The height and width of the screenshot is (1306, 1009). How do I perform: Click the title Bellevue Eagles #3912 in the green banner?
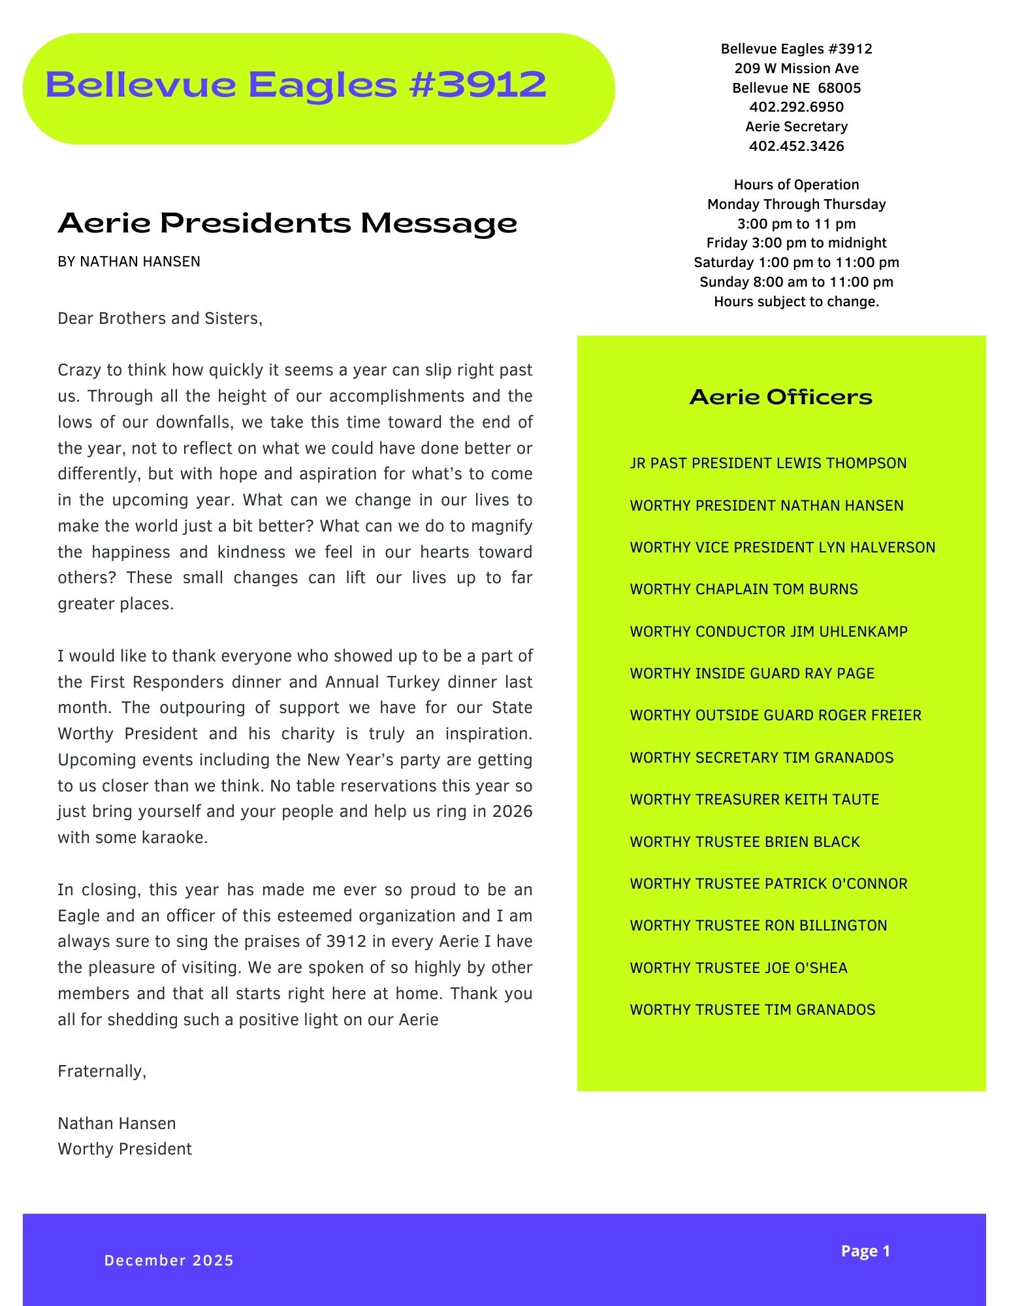pos(296,86)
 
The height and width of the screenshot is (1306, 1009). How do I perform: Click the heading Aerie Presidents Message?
pos(287,223)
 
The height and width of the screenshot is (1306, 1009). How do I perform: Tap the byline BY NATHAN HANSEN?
pos(129,262)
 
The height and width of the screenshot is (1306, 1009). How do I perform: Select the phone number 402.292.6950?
pos(796,107)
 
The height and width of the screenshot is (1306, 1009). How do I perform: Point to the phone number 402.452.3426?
pos(796,146)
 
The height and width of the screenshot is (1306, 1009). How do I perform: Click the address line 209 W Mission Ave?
pos(796,69)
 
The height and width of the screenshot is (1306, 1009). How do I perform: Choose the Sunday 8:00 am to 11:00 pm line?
pos(796,282)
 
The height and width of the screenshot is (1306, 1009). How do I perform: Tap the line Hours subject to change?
pos(796,302)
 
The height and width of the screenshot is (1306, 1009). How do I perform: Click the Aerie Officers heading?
pos(780,397)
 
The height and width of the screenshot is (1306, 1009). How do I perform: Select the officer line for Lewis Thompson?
pos(768,464)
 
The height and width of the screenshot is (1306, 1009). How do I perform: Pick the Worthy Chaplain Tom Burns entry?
pos(744,590)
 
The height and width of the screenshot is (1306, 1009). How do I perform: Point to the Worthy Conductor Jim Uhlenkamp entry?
pos(769,631)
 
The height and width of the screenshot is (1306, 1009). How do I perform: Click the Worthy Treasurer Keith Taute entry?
pos(754,800)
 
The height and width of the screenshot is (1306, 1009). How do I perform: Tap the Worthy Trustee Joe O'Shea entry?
pos(739,968)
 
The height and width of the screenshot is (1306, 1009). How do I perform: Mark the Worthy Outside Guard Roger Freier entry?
pos(775,716)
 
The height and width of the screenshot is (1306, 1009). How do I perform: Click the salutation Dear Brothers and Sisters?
pos(160,319)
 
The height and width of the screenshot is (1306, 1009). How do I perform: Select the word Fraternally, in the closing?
pos(102,1072)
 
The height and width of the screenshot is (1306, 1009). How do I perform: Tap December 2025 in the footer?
pos(169,1260)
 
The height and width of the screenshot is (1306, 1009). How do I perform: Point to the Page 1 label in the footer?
pos(865,1251)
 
